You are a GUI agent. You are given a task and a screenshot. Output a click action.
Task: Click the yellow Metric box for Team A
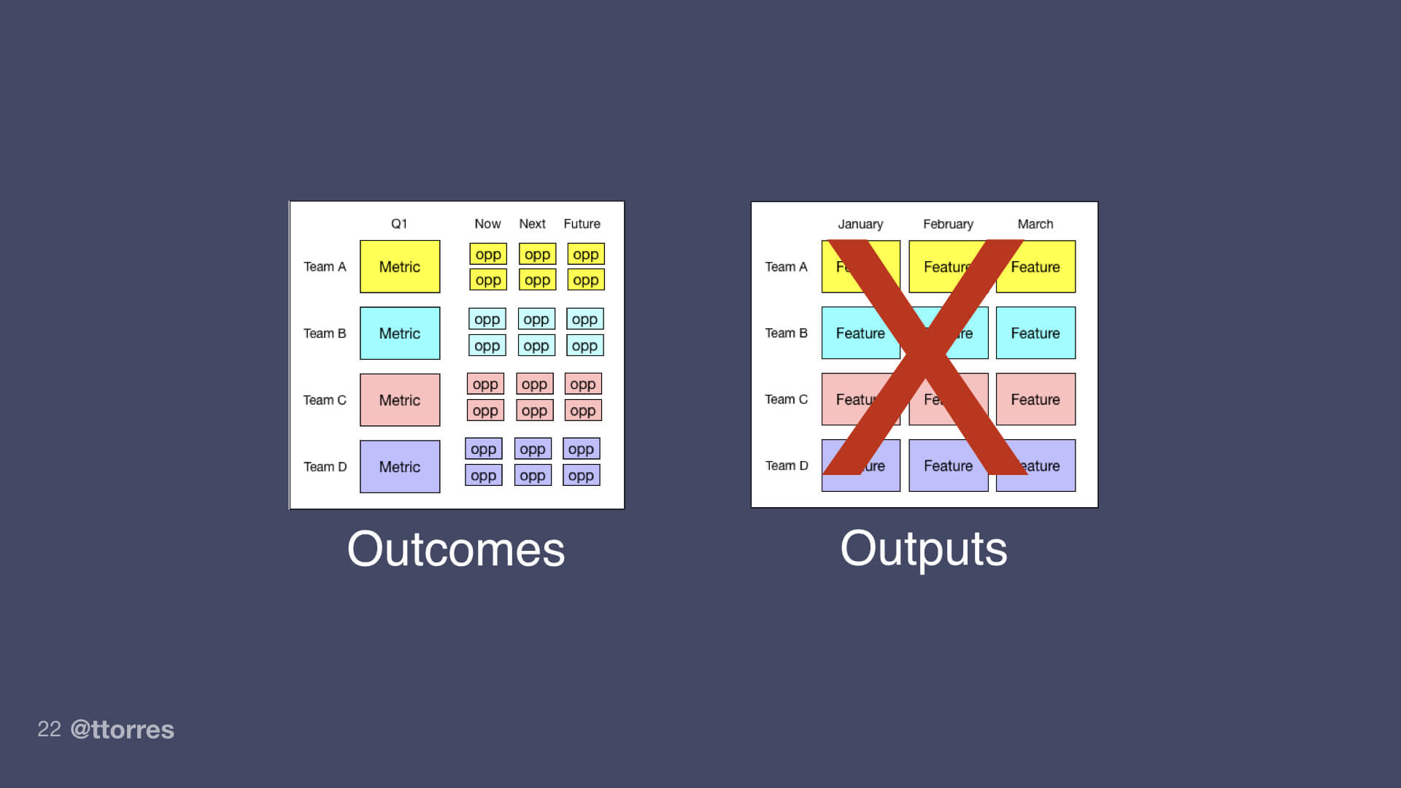point(400,267)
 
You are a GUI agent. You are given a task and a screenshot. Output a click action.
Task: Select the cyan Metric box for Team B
point(400,333)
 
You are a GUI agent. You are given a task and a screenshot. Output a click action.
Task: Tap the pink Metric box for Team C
point(400,400)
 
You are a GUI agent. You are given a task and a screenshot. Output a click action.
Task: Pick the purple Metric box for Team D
point(400,467)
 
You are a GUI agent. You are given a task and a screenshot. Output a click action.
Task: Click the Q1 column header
point(399,224)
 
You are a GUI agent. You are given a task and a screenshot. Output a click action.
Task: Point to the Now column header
point(487,224)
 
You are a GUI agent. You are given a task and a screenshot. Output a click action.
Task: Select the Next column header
point(532,224)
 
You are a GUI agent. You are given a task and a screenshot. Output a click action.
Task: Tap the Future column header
point(582,224)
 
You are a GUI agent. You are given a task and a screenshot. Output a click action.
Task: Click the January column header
point(860,224)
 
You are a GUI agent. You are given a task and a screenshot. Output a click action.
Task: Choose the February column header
point(948,224)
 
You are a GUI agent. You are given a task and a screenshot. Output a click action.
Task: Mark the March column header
point(1035,224)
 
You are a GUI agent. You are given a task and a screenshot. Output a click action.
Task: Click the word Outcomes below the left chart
point(456,549)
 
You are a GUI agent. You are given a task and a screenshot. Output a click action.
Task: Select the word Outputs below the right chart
point(924,549)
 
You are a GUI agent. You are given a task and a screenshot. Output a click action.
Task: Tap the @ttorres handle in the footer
point(123,730)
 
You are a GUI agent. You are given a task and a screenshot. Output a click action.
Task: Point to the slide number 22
point(49,729)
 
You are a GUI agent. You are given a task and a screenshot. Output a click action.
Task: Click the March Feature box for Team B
point(1035,333)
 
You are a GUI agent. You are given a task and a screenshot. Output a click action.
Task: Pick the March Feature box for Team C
point(1035,400)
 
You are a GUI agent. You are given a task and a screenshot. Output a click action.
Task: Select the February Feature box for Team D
point(948,466)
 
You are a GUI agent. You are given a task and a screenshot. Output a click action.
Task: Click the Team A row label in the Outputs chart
point(786,267)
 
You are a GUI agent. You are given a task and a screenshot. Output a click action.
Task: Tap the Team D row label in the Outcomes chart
point(325,467)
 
